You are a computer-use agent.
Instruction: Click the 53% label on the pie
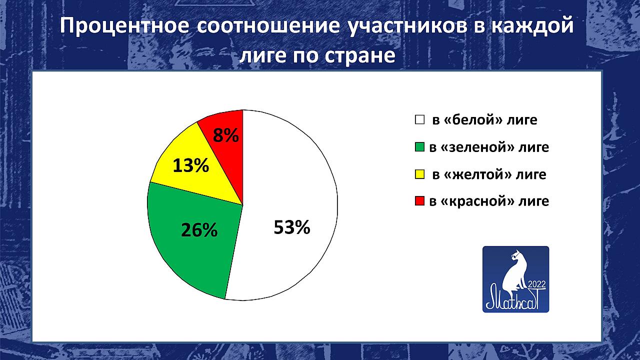pos(291,227)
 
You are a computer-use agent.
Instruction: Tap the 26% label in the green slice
pos(199,230)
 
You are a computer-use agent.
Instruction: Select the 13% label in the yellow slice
pos(191,165)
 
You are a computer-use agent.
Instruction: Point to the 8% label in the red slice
pos(225,135)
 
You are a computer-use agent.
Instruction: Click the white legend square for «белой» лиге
pos(419,119)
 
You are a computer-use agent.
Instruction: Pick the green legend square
pos(419,147)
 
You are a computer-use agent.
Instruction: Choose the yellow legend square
pos(419,174)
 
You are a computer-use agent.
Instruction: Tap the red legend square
pos(419,201)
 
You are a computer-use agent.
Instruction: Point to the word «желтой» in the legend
pos(477,174)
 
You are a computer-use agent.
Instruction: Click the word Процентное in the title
pos(124,26)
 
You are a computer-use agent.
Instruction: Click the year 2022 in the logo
pos(537,284)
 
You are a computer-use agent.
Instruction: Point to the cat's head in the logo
pos(517,254)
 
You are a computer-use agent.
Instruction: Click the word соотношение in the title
pos(268,26)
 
